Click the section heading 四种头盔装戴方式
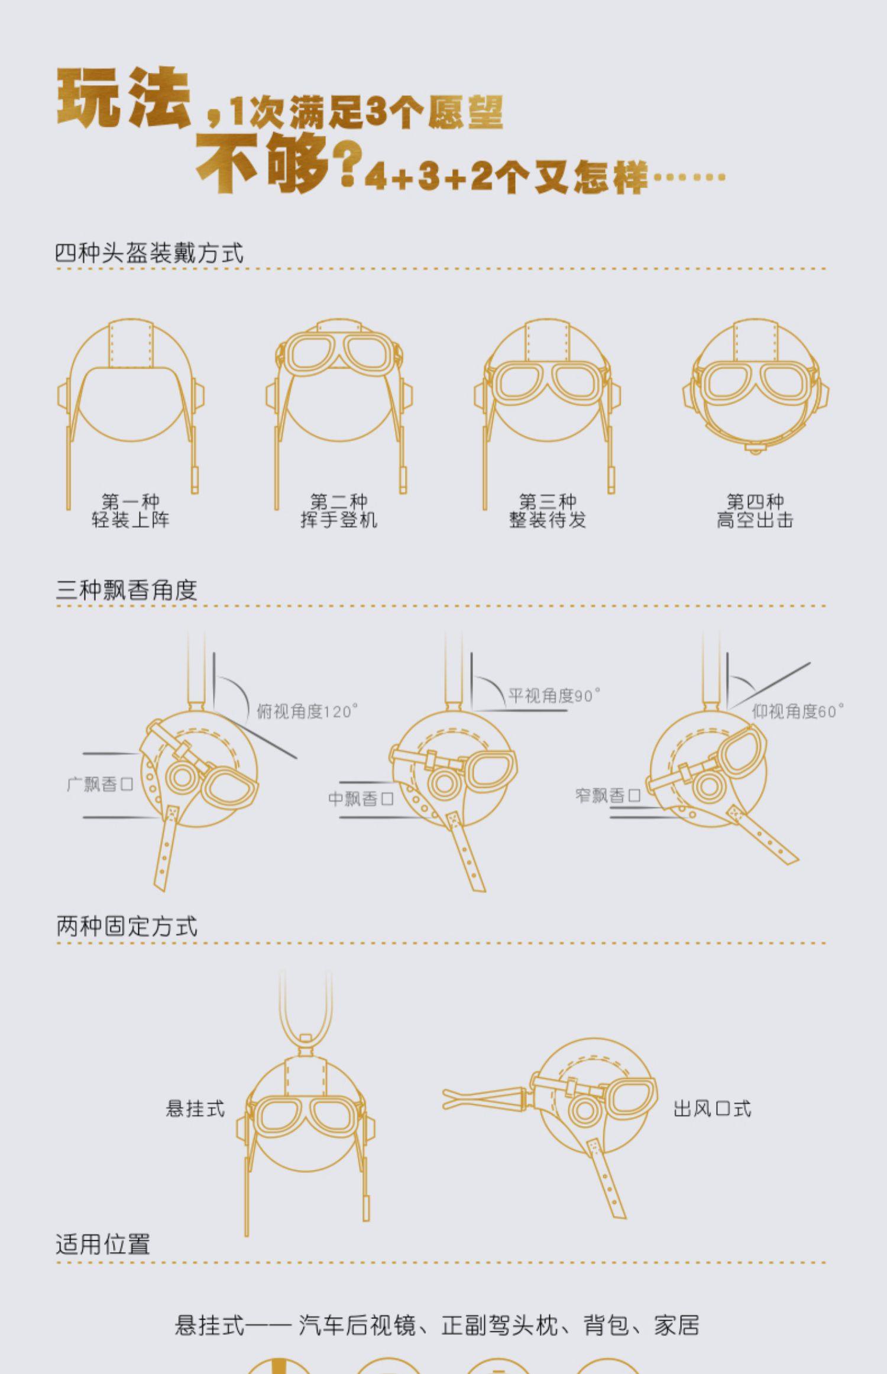click(x=149, y=253)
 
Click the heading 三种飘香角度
click(x=127, y=590)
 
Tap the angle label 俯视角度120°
click(x=307, y=711)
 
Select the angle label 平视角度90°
click(x=554, y=695)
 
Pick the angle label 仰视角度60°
click(x=798, y=711)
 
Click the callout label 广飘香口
click(x=100, y=785)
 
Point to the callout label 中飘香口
click(x=361, y=799)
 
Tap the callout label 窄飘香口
click(x=608, y=795)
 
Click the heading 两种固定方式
click(x=127, y=927)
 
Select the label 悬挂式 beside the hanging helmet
click(x=195, y=1108)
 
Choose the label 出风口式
click(x=712, y=1108)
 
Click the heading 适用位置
click(x=103, y=1244)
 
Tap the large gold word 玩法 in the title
click(x=123, y=98)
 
